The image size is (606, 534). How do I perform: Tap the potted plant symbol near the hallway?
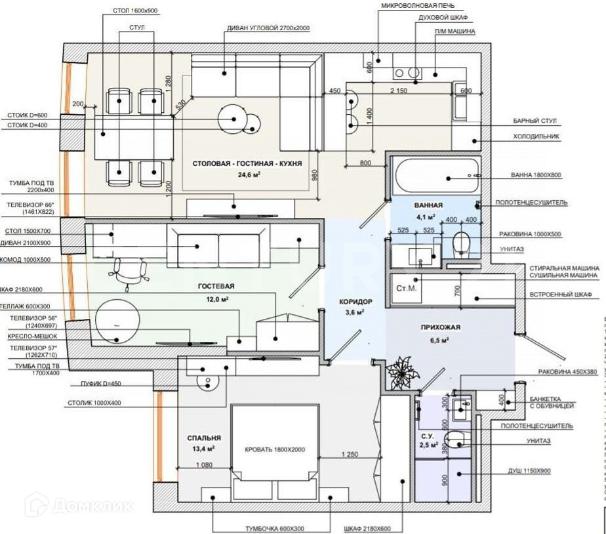(x=401, y=373)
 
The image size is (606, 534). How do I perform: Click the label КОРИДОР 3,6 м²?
(x=355, y=306)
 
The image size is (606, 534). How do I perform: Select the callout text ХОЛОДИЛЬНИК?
(x=536, y=136)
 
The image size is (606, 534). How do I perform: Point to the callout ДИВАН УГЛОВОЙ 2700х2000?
(x=268, y=29)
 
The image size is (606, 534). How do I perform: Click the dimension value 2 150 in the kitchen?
(x=399, y=91)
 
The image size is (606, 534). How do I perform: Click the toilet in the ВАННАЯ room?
(x=462, y=243)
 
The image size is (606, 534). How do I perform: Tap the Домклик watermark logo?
(x=78, y=505)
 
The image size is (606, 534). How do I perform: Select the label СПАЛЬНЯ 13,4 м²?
(x=203, y=443)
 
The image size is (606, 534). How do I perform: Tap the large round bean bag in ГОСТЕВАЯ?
(x=118, y=319)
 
